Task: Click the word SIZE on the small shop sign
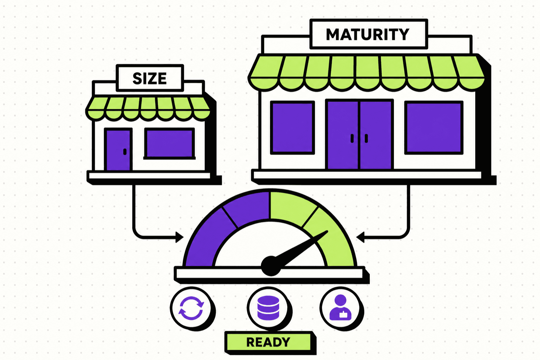click(x=150, y=78)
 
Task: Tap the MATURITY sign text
click(x=368, y=34)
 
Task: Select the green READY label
click(x=268, y=342)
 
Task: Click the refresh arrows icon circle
click(x=191, y=308)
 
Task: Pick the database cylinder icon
click(x=268, y=308)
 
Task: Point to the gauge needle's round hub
click(x=271, y=266)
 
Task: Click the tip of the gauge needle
click(x=327, y=231)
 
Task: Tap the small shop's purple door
click(x=118, y=150)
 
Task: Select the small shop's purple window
click(x=169, y=144)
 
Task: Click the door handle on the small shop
click(x=125, y=152)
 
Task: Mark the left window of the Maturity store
click(x=292, y=128)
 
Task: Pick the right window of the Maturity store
click(x=434, y=128)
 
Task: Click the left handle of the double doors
click(x=352, y=138)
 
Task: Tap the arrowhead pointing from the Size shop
click(x=179, y=237)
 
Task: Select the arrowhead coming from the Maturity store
click(x=360, y=237)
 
